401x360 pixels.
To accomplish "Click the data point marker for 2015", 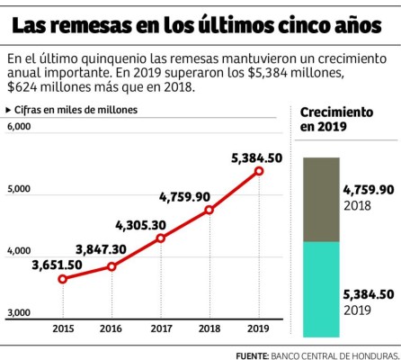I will click(x=63, y=279).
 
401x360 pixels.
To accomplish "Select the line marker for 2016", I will click(x=111, y=266).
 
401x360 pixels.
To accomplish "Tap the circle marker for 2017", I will click(x=161, y=238).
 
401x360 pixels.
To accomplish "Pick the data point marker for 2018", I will click(x=209, y=210).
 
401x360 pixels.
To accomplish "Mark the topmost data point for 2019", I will click(x=259, y=170).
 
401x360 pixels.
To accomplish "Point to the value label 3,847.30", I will click(x=102, y=248).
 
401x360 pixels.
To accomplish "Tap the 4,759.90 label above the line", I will click(x=184, y=195).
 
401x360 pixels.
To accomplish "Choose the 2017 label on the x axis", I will click(x=161, y=329).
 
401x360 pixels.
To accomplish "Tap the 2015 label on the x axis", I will click(x=63, y=329).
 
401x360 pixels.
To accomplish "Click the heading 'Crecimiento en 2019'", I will click(x=336, y=119).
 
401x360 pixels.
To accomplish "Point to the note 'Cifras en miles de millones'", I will click(x=72, y=109).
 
